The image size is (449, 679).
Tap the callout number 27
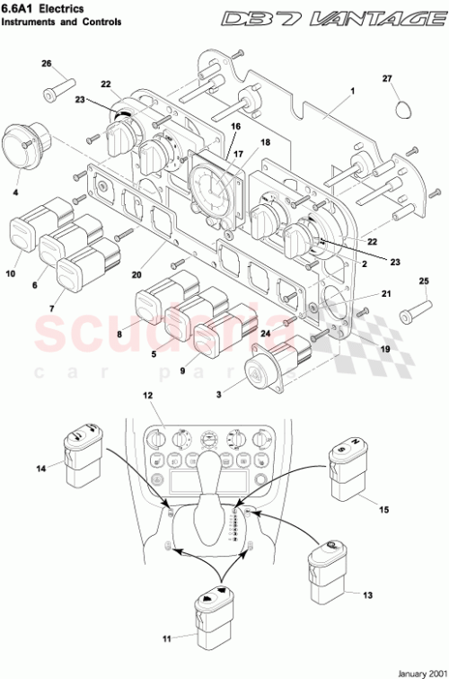pyautogui.click(x=388, y=79)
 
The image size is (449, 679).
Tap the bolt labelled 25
pyautogui.click(x=411, y=314)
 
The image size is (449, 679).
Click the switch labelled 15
pyautogui.click(x=346, y=467)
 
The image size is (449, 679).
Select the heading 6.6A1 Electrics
pyautogui.click(x=42, y=8)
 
